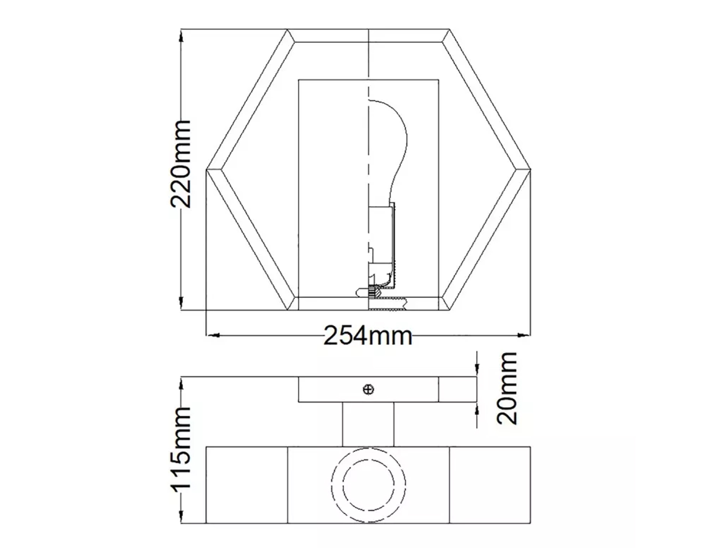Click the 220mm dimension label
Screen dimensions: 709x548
coord(181,164)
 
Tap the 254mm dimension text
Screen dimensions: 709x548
coord(368,336)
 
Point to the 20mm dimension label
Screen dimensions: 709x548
coord(507,388)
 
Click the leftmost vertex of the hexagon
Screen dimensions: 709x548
coord(207,170)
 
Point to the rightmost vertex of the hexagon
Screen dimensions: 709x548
coord(530,170)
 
